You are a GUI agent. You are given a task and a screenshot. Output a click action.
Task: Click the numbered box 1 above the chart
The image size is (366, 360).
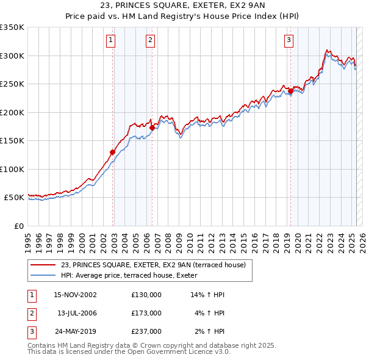pyautogui.click(x=111, y=41)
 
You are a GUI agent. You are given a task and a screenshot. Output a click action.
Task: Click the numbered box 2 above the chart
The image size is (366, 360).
pyautogui.click(x=150, y=41)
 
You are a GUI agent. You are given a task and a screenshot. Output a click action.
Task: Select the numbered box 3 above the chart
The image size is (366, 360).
pyautogui.click(x=289, y=41)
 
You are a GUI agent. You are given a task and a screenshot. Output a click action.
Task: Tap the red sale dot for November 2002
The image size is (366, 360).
pyautogui.click(x=113, y=152)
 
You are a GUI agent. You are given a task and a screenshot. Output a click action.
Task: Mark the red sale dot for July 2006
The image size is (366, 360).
pyautogui.click(x=152, y=128)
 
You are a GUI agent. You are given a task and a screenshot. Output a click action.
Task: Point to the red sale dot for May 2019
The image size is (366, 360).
pyautogui.click(x=290, y=92)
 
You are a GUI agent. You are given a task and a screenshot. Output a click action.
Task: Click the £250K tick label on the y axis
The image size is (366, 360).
pyautogui.click(x=12, y=84)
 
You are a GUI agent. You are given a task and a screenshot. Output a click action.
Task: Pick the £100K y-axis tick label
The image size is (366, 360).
pyautogui.click(x=12, y=169)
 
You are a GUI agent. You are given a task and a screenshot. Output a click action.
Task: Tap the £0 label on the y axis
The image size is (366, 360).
pyautogui.click(x=18, y=226)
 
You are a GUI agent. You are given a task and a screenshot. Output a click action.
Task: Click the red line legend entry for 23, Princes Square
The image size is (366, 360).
pyautogui.click(x=152, y=265)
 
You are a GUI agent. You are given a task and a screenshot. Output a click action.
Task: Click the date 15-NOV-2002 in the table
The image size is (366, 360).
pyautogui.click(x=76, y=294)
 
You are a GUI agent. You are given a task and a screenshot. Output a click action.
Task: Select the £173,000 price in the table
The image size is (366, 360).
pyautogui.click(x=146, y=313)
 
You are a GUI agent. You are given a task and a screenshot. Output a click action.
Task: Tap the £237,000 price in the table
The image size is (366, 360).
pyautogui.click(x=146, y=332)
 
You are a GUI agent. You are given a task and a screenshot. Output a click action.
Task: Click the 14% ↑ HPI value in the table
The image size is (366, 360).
pyautogui.click(x=208, y=294)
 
